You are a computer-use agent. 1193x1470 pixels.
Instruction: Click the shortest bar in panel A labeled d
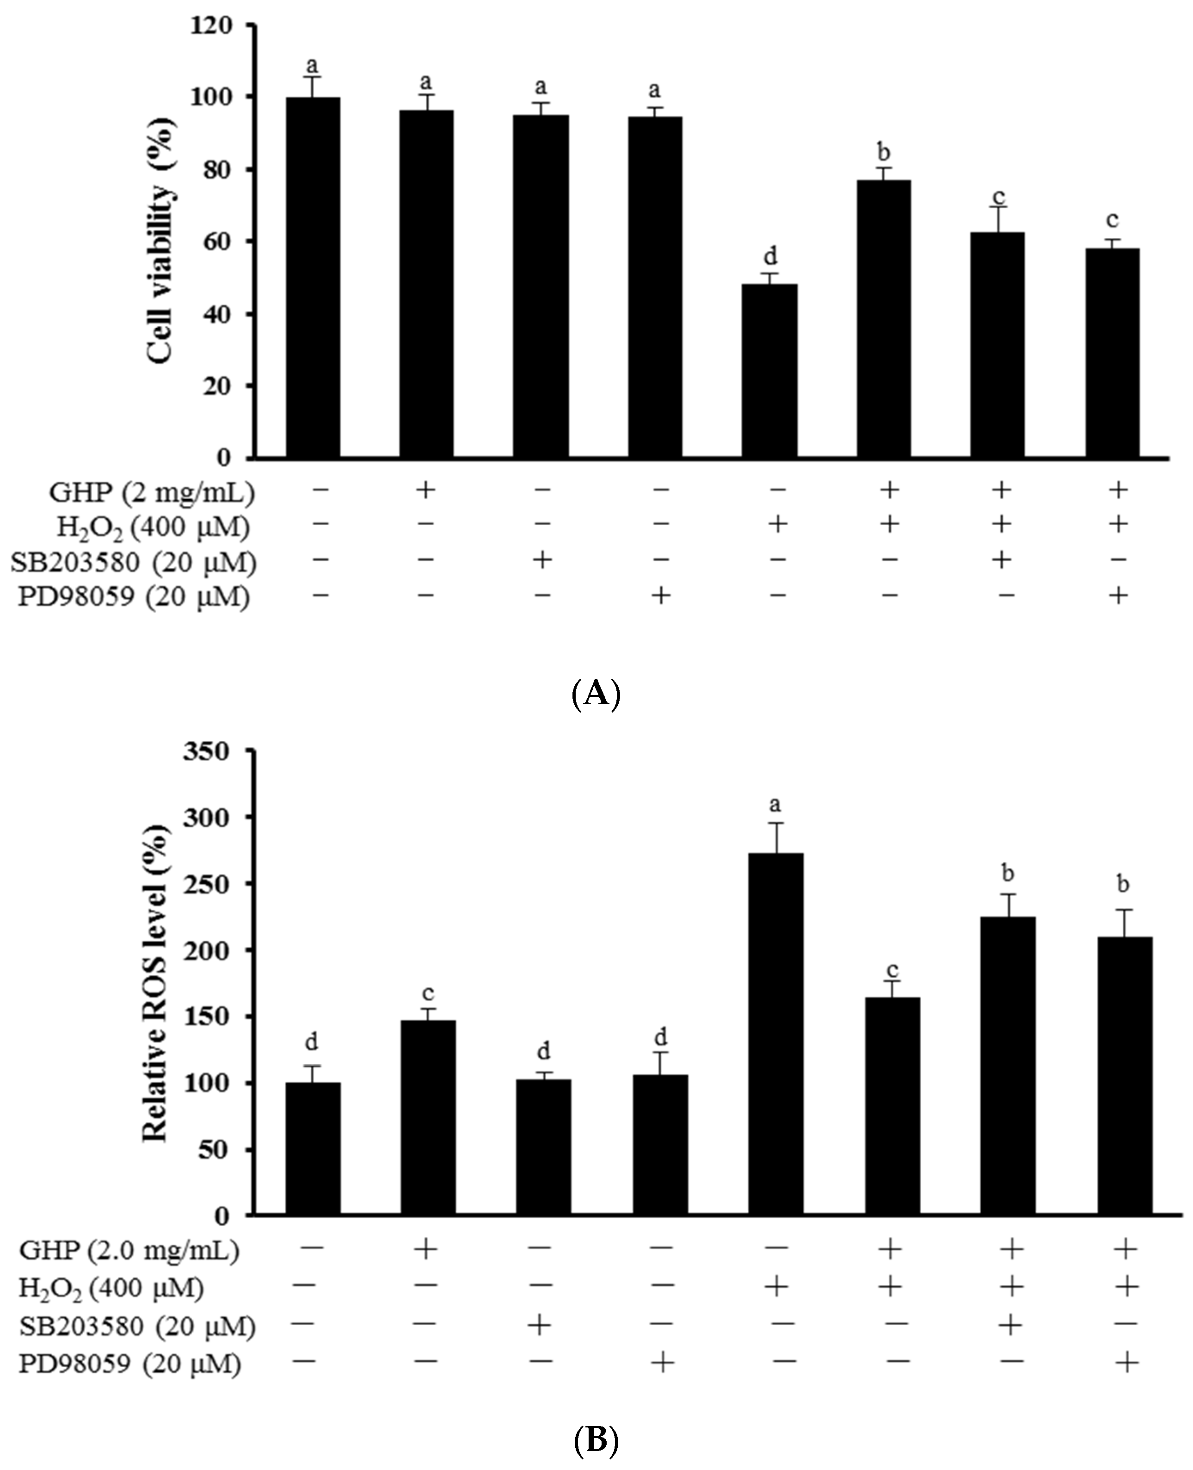click(x=770, y=371)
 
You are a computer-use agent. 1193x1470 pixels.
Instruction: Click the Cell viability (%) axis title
click(x=161, y=241)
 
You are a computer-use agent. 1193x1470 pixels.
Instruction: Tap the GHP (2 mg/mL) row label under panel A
click(x=151, y=492)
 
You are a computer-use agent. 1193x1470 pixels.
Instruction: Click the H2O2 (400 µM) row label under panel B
click(x=111, y=1289)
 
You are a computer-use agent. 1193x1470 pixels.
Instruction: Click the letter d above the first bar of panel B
click(x=311, y=1042)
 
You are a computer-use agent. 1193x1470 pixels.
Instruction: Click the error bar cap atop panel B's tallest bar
click(x=776, y=823)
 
